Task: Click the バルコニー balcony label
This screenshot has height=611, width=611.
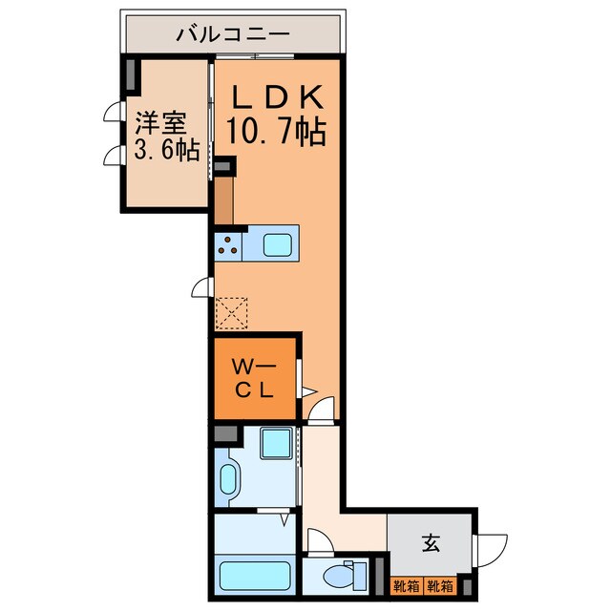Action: (x=232, y=35)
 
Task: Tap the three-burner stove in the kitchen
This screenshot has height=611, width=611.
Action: (x=228, y=246)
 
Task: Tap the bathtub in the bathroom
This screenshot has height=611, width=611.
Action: (x=255, y=577)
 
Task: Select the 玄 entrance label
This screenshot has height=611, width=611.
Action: (x=430, y=544)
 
